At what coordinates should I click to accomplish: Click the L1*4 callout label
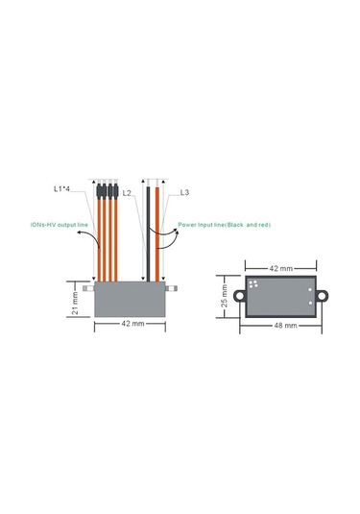(61, 189)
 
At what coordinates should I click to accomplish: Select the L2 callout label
(127, 193)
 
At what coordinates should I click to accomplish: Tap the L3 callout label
(184, 192)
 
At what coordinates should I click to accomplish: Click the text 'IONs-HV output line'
(60, 225)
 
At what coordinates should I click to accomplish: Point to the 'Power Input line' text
(202, 225)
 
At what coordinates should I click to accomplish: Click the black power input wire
(148, 234)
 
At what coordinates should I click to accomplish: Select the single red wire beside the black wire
(157, 234)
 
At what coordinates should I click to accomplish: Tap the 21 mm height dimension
(75, 300)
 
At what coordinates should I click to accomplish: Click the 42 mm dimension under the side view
(132, 324)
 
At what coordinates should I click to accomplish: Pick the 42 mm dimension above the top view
(281, 268)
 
